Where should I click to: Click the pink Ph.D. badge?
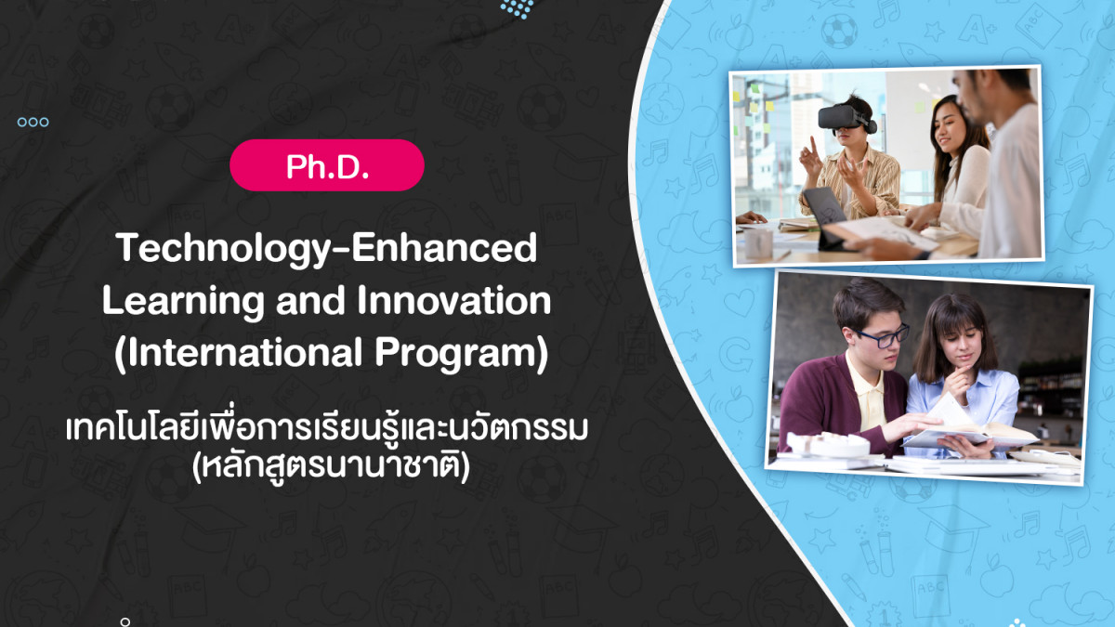click(326, 165)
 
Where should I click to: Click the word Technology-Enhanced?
click(326, 249)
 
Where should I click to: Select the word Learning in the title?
click(183, 302)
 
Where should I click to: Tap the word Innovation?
click(454, 300)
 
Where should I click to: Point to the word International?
click(239, 353)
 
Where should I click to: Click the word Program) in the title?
click(462, 354)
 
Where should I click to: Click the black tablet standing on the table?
click(824, 217)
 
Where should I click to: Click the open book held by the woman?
click(968, 427)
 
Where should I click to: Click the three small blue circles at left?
click(33, 122)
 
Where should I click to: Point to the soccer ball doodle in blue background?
click(839, 31)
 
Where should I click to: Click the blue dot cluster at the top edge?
click(517, 8)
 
